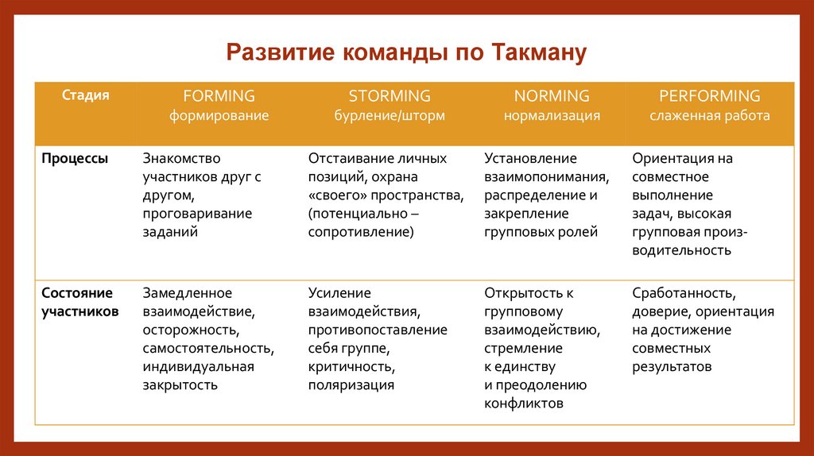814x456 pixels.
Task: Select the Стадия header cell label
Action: [86, 95]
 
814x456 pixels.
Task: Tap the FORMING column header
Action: [219, 96]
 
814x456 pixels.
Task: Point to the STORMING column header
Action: [390, 96]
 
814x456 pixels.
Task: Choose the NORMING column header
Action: [552, 96]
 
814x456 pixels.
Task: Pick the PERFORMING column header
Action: [710, 96]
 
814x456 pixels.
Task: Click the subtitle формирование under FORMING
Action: [219, 116]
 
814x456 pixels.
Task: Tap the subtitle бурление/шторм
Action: [390, 116]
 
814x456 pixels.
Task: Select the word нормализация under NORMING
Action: [552, 116]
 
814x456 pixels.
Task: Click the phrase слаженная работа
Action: [710, 116]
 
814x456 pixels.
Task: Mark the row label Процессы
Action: [76, 158]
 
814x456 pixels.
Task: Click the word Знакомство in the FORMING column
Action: [181, 158]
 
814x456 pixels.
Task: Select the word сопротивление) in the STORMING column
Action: [361, 232]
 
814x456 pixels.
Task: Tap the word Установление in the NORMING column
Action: [531, 158]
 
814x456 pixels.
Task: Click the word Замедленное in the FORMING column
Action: [188, 293]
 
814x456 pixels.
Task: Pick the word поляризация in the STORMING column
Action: [351, 385]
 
